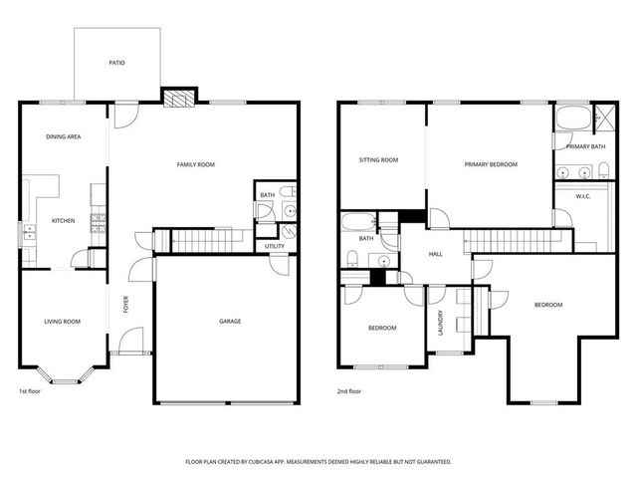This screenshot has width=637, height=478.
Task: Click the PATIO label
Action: (116, 63)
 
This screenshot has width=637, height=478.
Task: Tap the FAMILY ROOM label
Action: (196, 164)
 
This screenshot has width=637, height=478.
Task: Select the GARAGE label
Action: (230, 321)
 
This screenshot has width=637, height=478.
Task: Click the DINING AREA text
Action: (63, 136)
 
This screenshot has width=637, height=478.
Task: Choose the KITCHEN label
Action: (63, 220)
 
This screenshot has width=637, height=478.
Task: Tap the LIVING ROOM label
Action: (62, 321)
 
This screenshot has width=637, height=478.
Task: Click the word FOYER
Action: (126, 305)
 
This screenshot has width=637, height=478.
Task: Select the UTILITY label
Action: (275, 246)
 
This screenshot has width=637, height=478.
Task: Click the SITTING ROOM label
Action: (378, 159)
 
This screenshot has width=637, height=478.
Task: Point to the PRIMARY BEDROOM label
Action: (491, 164)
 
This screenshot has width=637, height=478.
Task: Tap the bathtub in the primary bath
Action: (572, 119)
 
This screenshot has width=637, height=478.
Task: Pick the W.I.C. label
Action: (584, 196)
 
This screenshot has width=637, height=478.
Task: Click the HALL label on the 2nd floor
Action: (435, 254)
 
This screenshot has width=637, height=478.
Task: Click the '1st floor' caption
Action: (31, 391)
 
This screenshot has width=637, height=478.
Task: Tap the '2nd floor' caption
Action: (348, 391)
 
